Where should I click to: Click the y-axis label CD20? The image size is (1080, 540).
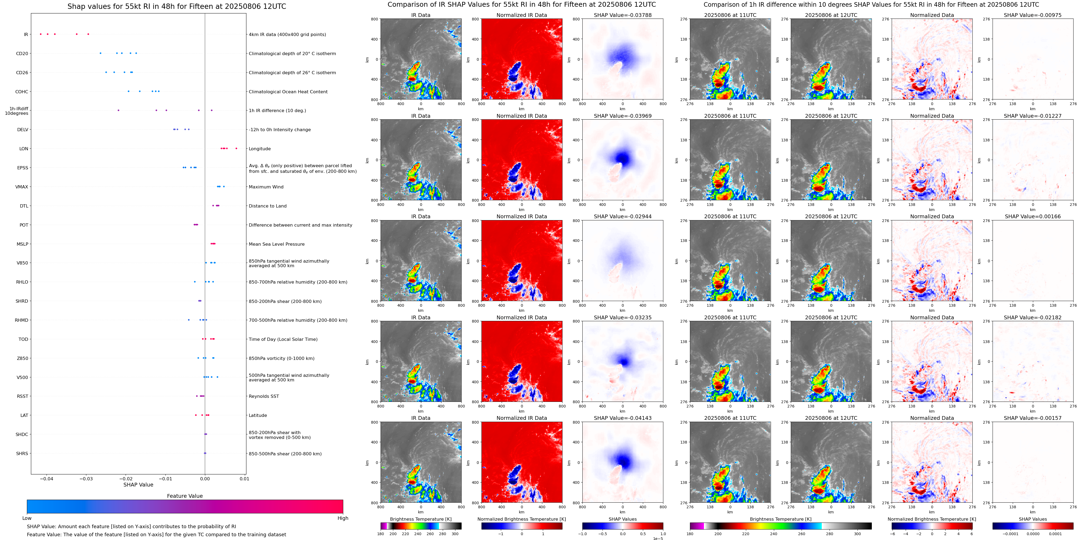(22, 53)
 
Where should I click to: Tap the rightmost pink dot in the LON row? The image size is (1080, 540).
(236, 148)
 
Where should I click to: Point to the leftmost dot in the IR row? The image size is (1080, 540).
(41, 34)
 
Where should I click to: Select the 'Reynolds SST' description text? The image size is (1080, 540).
(264, 396)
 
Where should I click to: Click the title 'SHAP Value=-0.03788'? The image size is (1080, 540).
(623, 15)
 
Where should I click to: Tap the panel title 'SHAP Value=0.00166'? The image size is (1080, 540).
(1033, 217)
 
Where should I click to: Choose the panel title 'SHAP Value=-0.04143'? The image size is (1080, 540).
(623, 418)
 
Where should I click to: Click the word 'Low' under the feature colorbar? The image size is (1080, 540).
(27, 518)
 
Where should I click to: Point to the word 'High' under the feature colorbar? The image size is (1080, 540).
(343, 518)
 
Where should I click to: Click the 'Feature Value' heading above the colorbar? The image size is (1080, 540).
(185, 496)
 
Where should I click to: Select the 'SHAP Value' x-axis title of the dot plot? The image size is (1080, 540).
(138, 485)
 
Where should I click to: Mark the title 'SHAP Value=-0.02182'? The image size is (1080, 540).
(1033, 317)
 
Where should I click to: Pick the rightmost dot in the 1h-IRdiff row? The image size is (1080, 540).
(212, 110)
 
